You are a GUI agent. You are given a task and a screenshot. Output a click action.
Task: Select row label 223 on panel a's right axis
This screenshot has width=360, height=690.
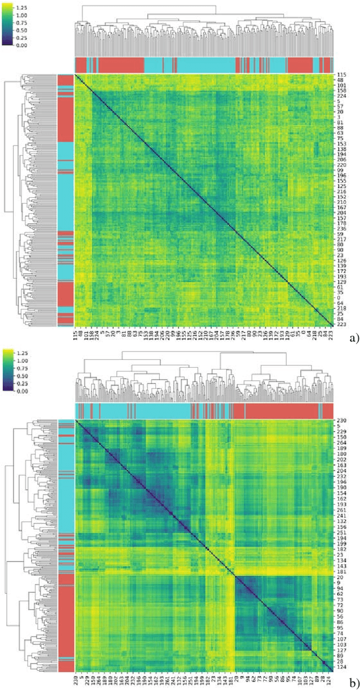click(341, 325)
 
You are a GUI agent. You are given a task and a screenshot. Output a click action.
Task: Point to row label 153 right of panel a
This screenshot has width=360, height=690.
click(341, 144)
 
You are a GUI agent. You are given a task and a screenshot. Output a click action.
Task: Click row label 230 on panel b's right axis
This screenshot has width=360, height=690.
click(341, 421)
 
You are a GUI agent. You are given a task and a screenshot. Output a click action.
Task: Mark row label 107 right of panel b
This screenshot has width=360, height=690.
click(341, 640)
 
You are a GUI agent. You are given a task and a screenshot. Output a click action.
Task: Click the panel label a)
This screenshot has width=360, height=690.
click(353, 339)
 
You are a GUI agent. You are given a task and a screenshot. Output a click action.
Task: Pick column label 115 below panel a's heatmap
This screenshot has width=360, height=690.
click(76, 335)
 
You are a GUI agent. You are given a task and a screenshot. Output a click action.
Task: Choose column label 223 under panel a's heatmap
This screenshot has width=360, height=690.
click(331, 335)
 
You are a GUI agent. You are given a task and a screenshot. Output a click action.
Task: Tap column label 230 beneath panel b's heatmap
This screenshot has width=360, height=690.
click(77, 680)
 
